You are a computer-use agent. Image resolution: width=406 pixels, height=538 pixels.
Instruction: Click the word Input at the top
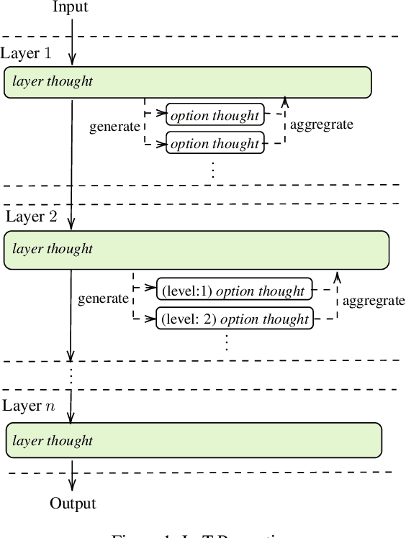pos(71,7)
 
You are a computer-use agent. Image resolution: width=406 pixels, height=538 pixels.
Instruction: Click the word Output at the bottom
pos(72,503)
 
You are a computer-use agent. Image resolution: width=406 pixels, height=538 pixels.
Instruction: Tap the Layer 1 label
pos(26,54)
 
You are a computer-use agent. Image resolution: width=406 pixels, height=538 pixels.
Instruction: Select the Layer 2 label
pos(31,217)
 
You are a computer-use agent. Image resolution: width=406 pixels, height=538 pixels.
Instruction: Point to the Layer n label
pos(28,406)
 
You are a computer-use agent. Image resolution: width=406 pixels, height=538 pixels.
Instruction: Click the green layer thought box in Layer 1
pos(187,82)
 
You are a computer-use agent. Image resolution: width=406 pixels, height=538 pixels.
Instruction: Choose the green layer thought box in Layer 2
pos(196,250)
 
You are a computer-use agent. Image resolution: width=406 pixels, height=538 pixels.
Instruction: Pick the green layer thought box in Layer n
pos(193,440)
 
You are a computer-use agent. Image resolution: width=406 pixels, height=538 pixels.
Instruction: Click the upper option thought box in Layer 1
pos(215,115)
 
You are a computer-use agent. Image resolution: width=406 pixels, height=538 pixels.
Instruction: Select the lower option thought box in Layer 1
pos(215,143)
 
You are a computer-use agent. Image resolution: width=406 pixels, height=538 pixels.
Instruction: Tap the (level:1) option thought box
pos(234,291)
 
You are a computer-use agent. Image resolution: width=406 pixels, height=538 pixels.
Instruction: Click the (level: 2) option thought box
pos(235,319)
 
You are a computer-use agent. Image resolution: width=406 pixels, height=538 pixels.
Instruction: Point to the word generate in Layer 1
pos(114,127)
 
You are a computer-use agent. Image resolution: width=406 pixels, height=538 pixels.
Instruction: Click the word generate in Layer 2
pos(102,298)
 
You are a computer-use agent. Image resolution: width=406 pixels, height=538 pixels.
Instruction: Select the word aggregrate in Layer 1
pos(321,124)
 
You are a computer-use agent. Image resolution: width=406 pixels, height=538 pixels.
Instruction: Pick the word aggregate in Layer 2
pos(373,301)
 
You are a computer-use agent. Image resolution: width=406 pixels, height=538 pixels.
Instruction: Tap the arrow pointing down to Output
pos(72,478)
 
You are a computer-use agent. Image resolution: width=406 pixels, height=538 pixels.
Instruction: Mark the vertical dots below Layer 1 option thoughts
pos(214,170)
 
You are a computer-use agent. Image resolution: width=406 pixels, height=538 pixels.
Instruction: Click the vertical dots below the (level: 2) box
pos(226,342)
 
